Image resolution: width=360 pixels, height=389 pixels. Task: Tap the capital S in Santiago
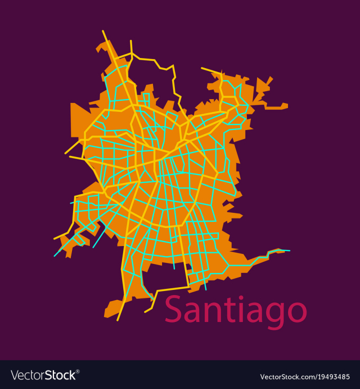(x=173, y=310)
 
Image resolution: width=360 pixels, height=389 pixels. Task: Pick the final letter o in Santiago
(x=296, y=313)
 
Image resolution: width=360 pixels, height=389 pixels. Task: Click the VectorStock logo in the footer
(x=45, y=375)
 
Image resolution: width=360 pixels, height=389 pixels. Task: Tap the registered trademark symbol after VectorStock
(x=78, y=372)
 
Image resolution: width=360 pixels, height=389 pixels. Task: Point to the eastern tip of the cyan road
(x=290, y=251)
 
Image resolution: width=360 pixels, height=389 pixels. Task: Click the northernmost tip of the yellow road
(x=103, y=31)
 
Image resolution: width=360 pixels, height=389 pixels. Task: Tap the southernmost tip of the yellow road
(x=118, y=320)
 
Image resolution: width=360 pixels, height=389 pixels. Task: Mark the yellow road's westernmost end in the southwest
(x=55, y=239)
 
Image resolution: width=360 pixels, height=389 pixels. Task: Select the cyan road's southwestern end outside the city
(x=55, y=256)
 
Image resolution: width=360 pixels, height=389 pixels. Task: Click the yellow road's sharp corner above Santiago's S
(x=189, y=287)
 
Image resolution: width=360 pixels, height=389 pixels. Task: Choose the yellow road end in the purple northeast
(x=202, y=68)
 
